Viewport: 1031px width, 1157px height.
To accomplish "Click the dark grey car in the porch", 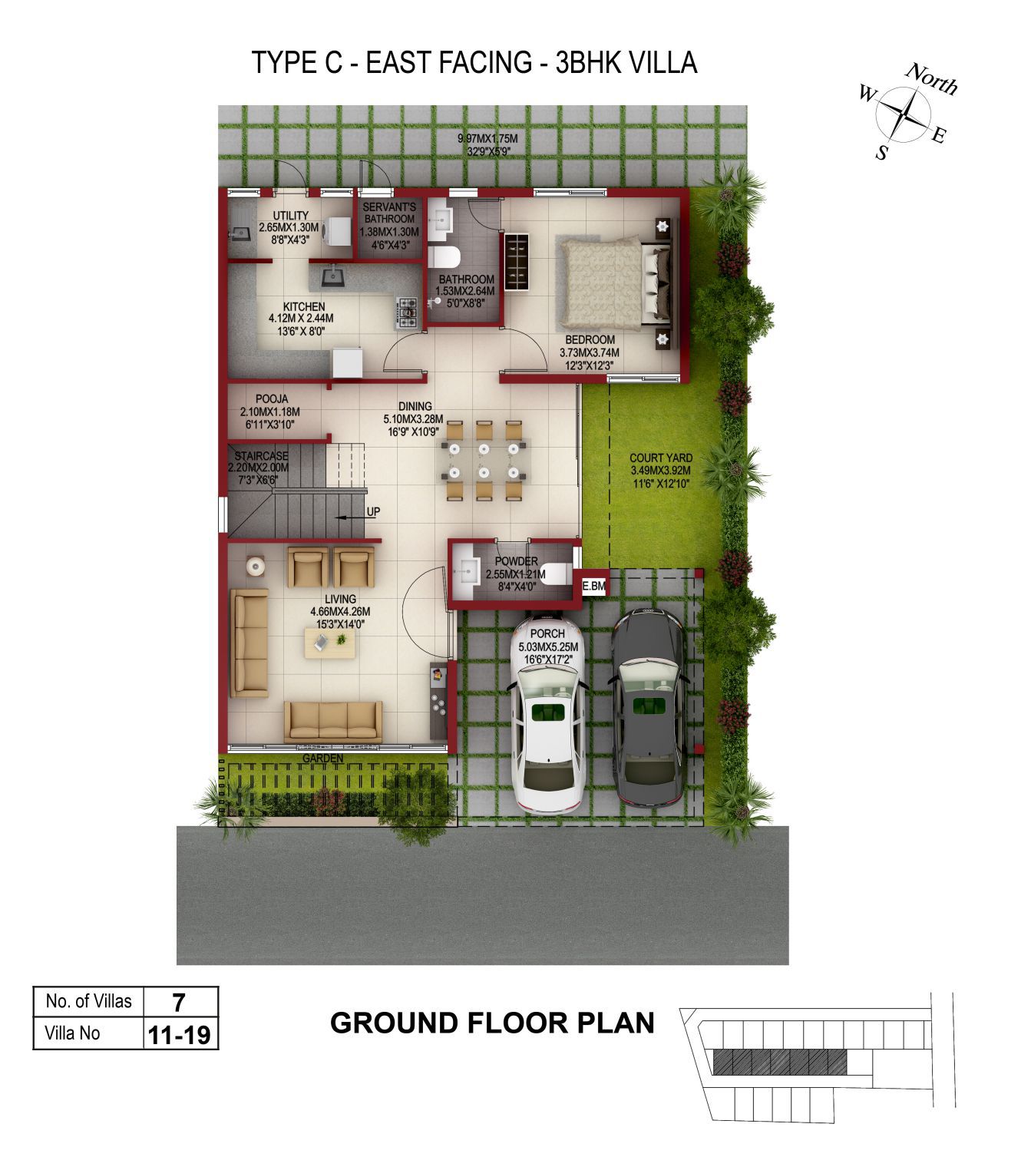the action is [x=648, y=708].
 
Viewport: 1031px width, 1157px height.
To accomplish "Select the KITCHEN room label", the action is [x=303, y=306].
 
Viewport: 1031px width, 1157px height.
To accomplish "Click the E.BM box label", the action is [x=593, y=586].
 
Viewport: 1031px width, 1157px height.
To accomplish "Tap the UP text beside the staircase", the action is [x=373, y=511].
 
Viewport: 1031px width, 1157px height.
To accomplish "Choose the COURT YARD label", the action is [x=661, y=458].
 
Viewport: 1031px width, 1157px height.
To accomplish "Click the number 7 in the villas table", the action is [x=179, y=1003].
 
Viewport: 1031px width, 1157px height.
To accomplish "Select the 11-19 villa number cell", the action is [x=180, y=1035].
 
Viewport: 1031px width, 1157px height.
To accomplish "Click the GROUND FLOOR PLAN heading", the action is [x=492, y=1023].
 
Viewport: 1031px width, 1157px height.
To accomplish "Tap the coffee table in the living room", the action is [x=329, y=643].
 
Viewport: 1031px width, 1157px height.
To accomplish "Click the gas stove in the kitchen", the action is [x=407, y=313].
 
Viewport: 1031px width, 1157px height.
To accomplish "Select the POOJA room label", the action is [x=271, y=398].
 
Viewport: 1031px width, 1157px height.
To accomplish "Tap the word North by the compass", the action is [x=932, y=80].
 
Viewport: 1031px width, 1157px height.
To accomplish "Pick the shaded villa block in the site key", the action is [x=780, y=1063].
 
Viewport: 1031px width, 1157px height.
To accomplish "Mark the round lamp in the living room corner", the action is [x=256, y=566].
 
